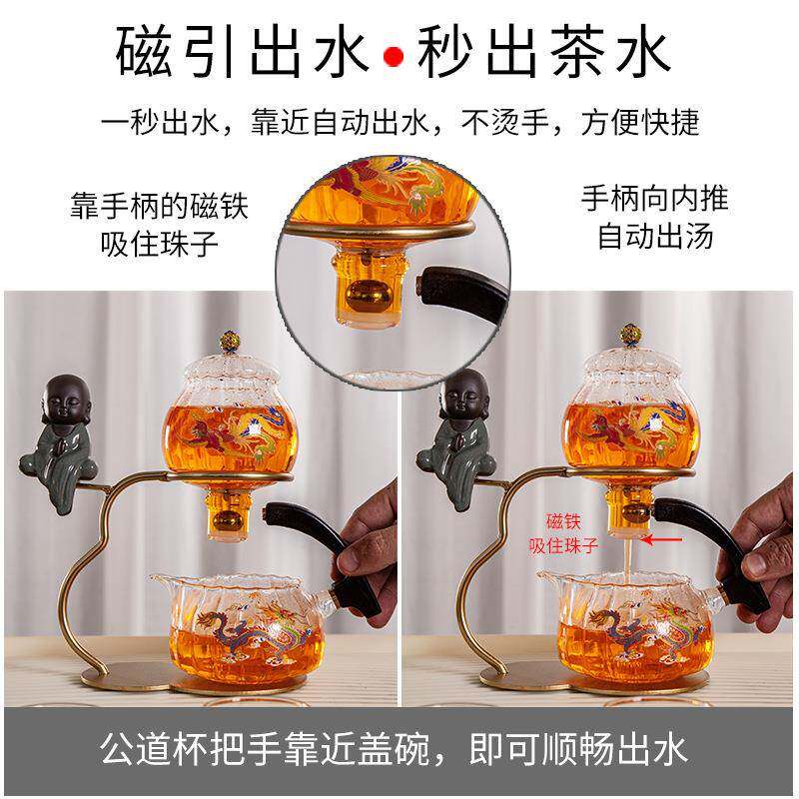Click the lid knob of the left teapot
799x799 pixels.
233,333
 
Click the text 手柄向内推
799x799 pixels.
655,197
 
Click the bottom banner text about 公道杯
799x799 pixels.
399,751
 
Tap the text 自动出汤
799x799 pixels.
655,237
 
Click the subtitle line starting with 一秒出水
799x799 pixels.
399,121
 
